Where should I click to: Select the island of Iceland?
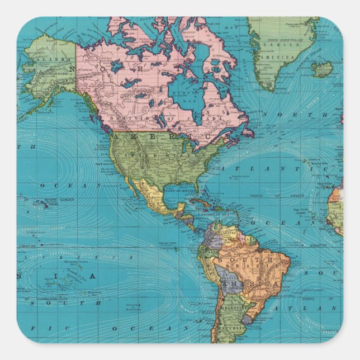click(322, 70)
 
